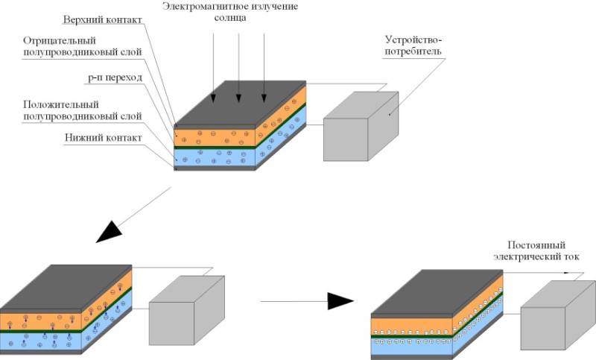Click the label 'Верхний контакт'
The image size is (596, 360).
102,20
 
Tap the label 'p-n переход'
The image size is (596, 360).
115,78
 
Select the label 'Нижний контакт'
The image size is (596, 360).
103,138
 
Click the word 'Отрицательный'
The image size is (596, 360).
60,41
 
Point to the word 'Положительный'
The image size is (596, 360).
61,104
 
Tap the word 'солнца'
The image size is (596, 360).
230,18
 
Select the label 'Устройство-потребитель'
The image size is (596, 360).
413,45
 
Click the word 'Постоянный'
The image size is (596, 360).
536,245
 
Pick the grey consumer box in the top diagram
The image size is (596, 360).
361,126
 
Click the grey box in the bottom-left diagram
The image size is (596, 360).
187,311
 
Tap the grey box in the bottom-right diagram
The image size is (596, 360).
558,315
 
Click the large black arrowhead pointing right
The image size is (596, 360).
340,301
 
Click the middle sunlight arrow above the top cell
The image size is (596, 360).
238,68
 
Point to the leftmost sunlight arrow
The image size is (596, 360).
213,68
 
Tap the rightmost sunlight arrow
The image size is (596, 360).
264,68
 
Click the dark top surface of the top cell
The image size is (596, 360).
240,102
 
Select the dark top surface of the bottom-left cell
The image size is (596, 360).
66,287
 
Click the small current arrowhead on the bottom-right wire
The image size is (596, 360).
567,273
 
